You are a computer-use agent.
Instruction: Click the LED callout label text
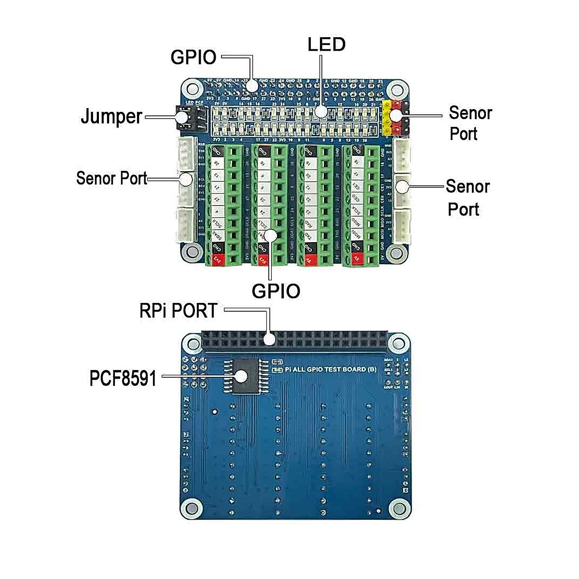327,45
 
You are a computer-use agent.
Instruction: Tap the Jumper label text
111,117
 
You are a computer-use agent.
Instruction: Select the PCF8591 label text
124,378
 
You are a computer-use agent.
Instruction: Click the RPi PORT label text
178,311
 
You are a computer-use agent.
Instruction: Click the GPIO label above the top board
193,57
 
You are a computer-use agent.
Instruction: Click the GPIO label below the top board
276,291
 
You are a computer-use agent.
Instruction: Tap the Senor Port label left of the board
111,178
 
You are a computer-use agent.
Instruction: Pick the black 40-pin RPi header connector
294,341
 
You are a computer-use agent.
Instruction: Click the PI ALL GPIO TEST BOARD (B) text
330,369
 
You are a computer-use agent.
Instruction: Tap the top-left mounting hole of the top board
193,89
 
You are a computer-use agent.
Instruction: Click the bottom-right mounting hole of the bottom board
398,508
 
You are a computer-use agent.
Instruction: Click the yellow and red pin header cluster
395,117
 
